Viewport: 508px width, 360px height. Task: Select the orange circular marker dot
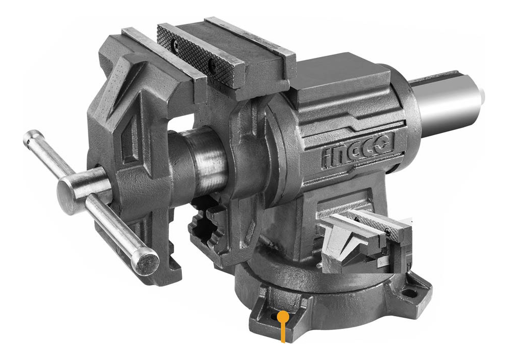coord(283,317)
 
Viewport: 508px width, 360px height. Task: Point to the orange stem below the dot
coord(283,333)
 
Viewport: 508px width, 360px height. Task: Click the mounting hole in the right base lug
coord(408,293)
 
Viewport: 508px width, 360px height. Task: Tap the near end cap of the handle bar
coord(145,263)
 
